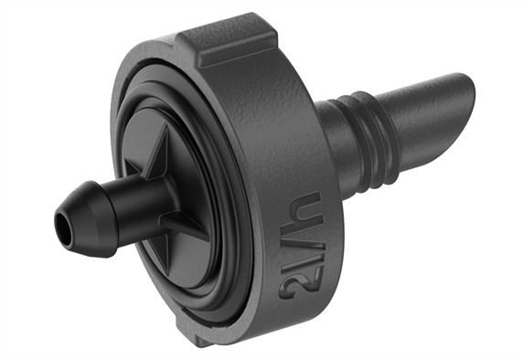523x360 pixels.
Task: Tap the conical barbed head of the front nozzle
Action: coord(86,219)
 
